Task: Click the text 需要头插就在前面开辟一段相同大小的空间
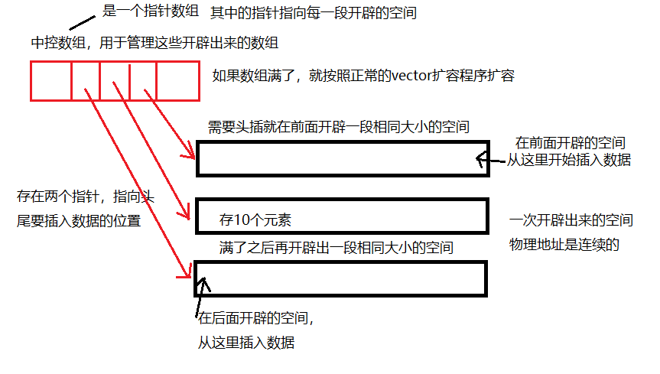coord(338,125)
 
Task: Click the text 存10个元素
coord(255,220)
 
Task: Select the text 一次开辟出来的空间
coord(571,220)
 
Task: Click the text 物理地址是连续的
coord(563,245)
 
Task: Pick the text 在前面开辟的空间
coord(571,143)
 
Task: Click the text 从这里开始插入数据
coord(569,160)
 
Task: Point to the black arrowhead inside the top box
coord(480,160)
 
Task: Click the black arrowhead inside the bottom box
coord(203,283)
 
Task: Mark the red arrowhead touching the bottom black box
coord(186,273)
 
